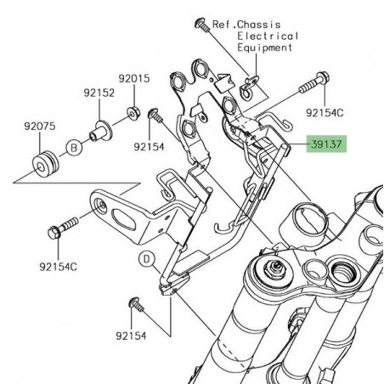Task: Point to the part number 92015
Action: tap(133, 79)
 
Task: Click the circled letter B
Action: tap(75, 147)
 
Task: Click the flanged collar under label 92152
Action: tap(99, 130)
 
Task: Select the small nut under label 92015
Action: tap(133, 110)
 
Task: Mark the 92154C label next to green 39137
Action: tap(325, 111)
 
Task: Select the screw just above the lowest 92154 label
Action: tap(135, 304)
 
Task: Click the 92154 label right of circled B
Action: tap(150, 146)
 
